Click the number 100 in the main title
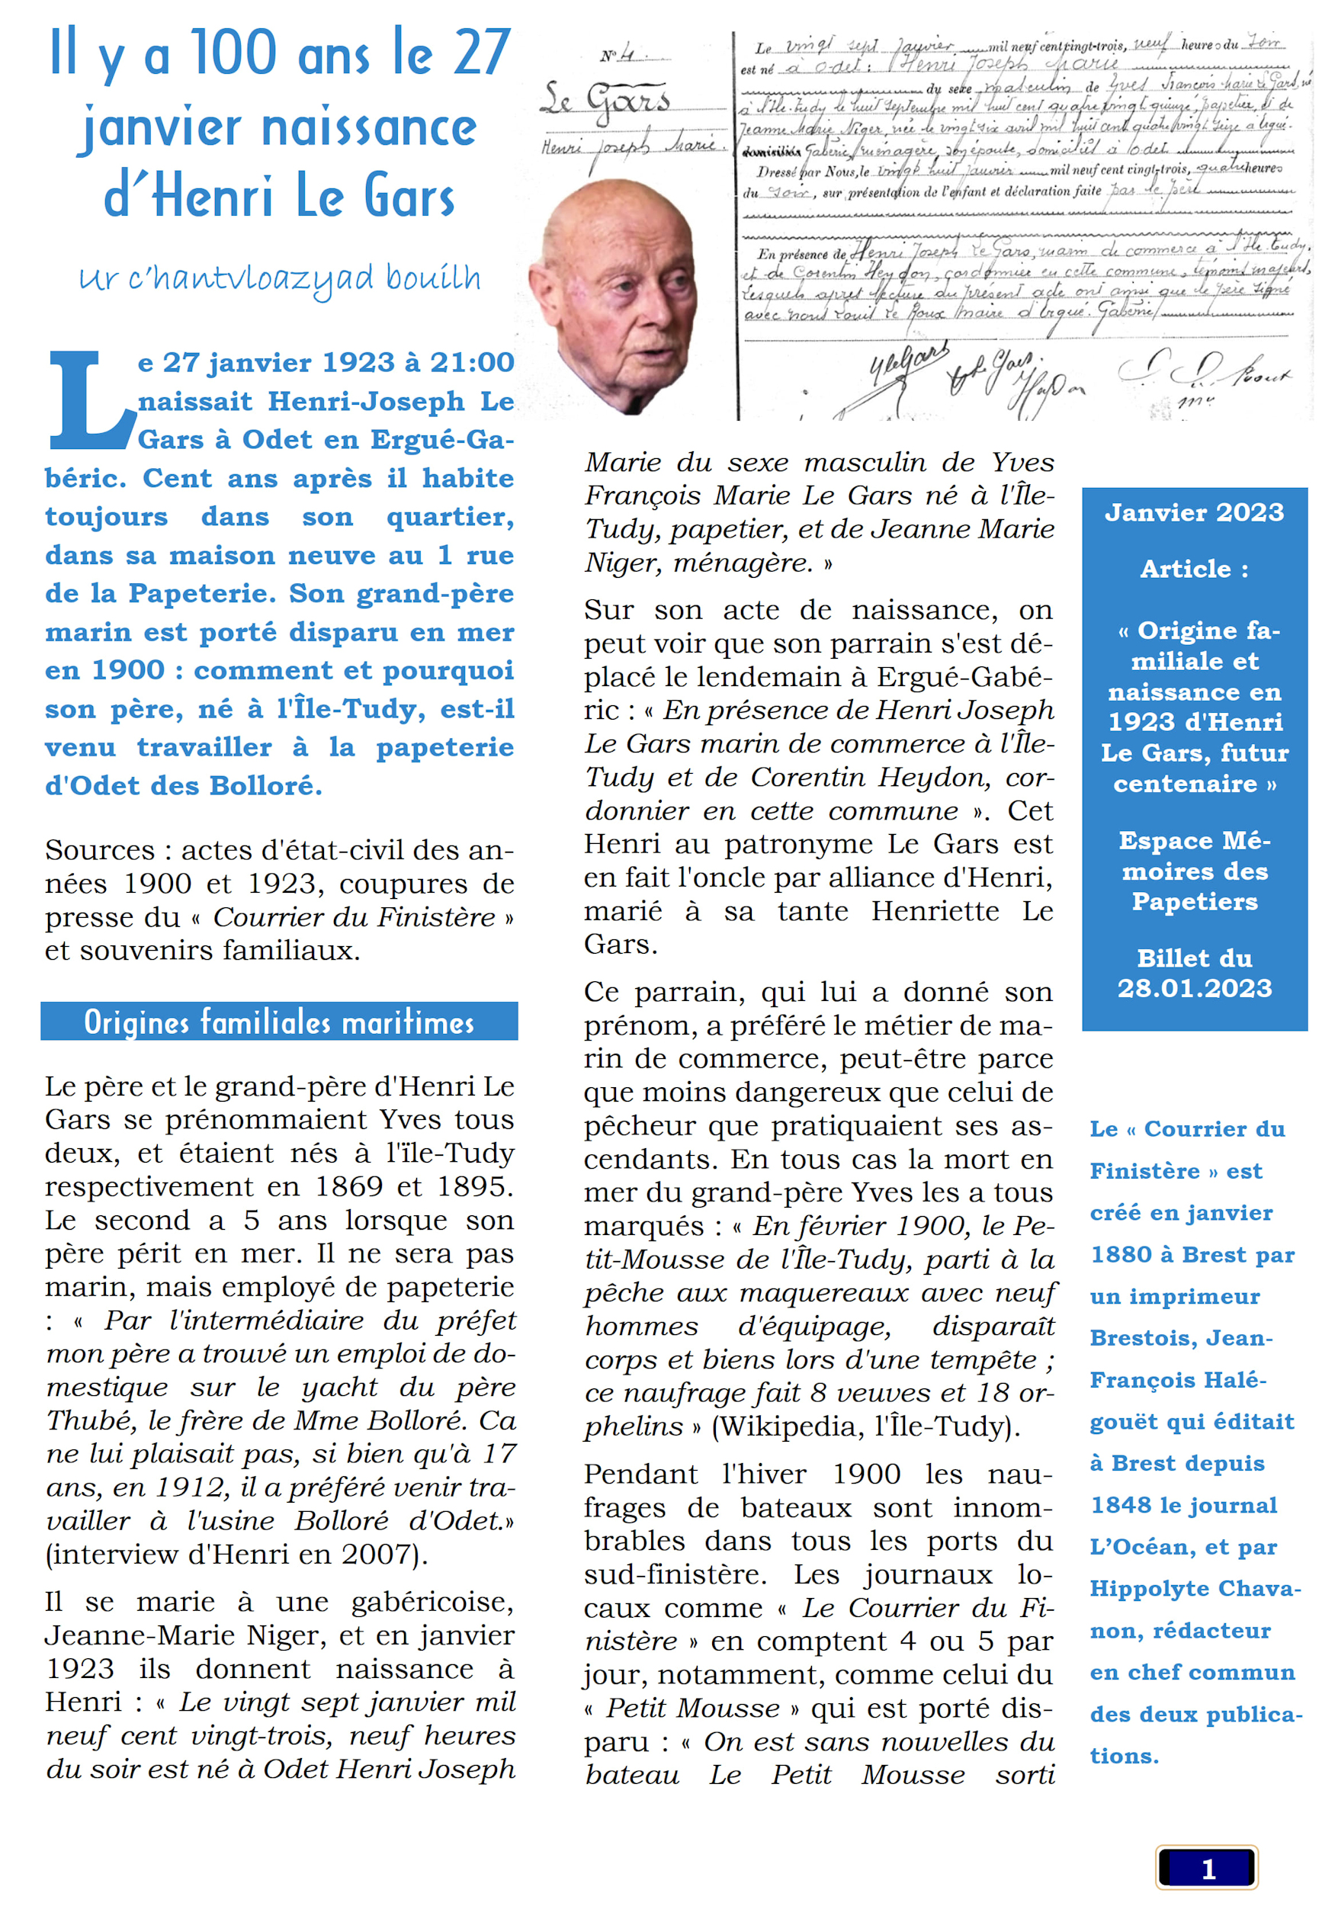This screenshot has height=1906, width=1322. [234, 53]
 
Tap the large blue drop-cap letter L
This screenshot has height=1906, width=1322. [88, 401]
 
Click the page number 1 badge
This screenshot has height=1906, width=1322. [1207, 1868]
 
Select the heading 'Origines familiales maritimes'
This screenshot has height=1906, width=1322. [279, 1022]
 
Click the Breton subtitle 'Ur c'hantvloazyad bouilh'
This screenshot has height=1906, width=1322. [279, 278]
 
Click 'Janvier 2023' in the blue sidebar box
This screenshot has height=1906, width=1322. [1194, 513]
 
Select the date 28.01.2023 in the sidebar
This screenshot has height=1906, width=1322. [1194, 987]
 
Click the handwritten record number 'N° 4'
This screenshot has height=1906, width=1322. [617, 56]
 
